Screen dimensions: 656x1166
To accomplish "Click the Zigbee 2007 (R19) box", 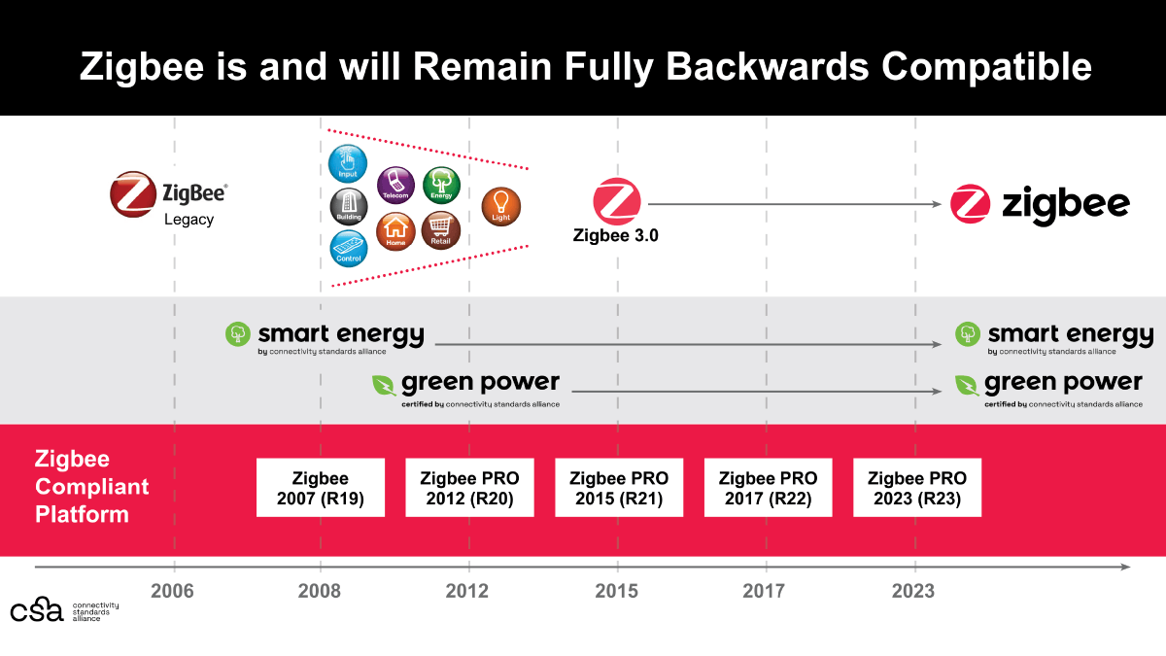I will pyautogui.click(x=320, y=488).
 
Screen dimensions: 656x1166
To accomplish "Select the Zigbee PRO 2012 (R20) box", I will pyautogui.click(x=469, y=488).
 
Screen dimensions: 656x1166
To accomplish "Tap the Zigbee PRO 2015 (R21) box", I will pyautogui.click(x=619, y=488).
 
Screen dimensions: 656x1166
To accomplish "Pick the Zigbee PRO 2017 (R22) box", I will pyautogui.click(x=768, y=488).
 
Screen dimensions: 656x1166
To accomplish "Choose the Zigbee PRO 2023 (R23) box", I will pyautogui.click(x=917, y=488).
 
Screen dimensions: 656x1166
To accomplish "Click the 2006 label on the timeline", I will pyautogui.click(x=174, y=591).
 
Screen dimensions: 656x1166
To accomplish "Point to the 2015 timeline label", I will pyautogui.click(x=617, y=591).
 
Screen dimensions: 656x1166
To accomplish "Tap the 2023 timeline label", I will pyautogui.click(x=914, y=591).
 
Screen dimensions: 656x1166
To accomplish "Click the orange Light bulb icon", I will pyautogui.click(x=501, y=206).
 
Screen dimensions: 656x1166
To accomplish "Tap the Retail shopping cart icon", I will pyautogui.click(x=440, y=229).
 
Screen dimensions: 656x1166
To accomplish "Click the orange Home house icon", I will pyautogui.click(x=395, y=230).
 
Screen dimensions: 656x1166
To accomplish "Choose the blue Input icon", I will pyautogui.click(x=348, y=163).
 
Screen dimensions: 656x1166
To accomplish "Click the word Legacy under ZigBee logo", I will pyautogui.click(x=189, y=220).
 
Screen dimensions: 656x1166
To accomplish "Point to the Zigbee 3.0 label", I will pyautogui.click(x=616, y=234).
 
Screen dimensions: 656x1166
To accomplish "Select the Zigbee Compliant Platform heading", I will pyautogui.click(x=92, y=487).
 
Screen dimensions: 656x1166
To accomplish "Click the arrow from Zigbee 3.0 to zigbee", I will pyautogui.click(x=797, y=204).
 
